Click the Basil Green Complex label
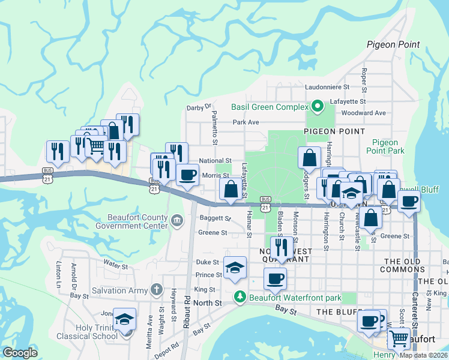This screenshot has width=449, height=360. point(266,107)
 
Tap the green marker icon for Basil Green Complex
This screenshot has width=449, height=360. point(316,107)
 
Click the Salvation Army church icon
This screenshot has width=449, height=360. point(156,290)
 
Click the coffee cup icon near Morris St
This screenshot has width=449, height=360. point(188,175)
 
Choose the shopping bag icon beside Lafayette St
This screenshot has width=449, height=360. point(231,189)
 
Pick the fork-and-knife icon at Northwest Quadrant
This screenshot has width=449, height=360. point(280,246)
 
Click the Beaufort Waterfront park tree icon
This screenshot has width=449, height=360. point(240,298)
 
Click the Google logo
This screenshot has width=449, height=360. point(20,353)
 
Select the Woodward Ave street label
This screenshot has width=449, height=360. point(363,113)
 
